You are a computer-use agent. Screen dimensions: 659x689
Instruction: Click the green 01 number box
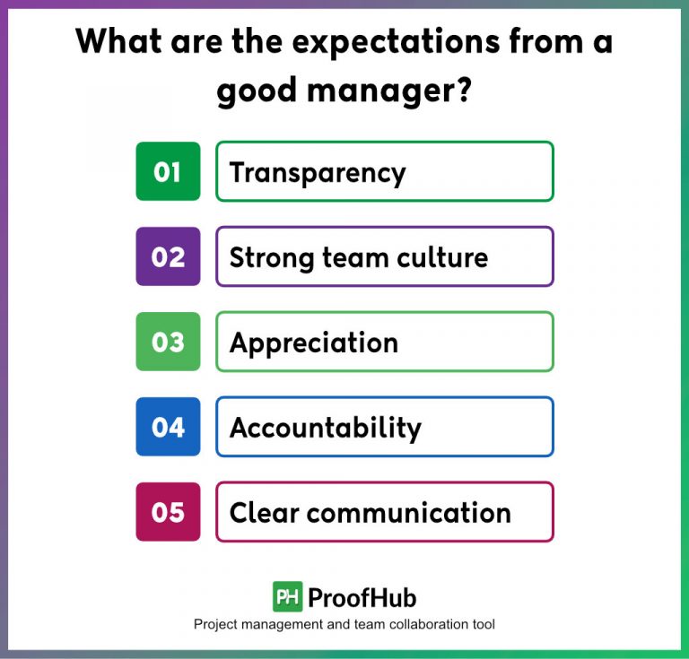(x=168, y=171)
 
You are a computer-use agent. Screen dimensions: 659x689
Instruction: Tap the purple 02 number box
(x=168, y=256)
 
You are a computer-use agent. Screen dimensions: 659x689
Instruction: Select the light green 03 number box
(x=168, y=342)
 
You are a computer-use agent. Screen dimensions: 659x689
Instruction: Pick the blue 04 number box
(x=168, y=427)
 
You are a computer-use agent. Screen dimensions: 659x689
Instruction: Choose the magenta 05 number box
(x=168, y=512)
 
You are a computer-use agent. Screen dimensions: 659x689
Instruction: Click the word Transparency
(x=318, y=172)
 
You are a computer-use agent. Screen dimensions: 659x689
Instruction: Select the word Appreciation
(x=313, y=343)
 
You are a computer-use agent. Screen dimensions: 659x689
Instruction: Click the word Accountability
(x=325, y=428)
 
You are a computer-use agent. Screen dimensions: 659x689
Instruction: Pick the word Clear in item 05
(x=263, y=513)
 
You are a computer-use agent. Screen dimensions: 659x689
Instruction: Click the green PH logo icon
(x=287, y=596)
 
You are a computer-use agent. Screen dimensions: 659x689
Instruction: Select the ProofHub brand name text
(x=362, y=597)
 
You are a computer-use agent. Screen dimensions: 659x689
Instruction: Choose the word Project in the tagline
(x=214, y=624)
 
